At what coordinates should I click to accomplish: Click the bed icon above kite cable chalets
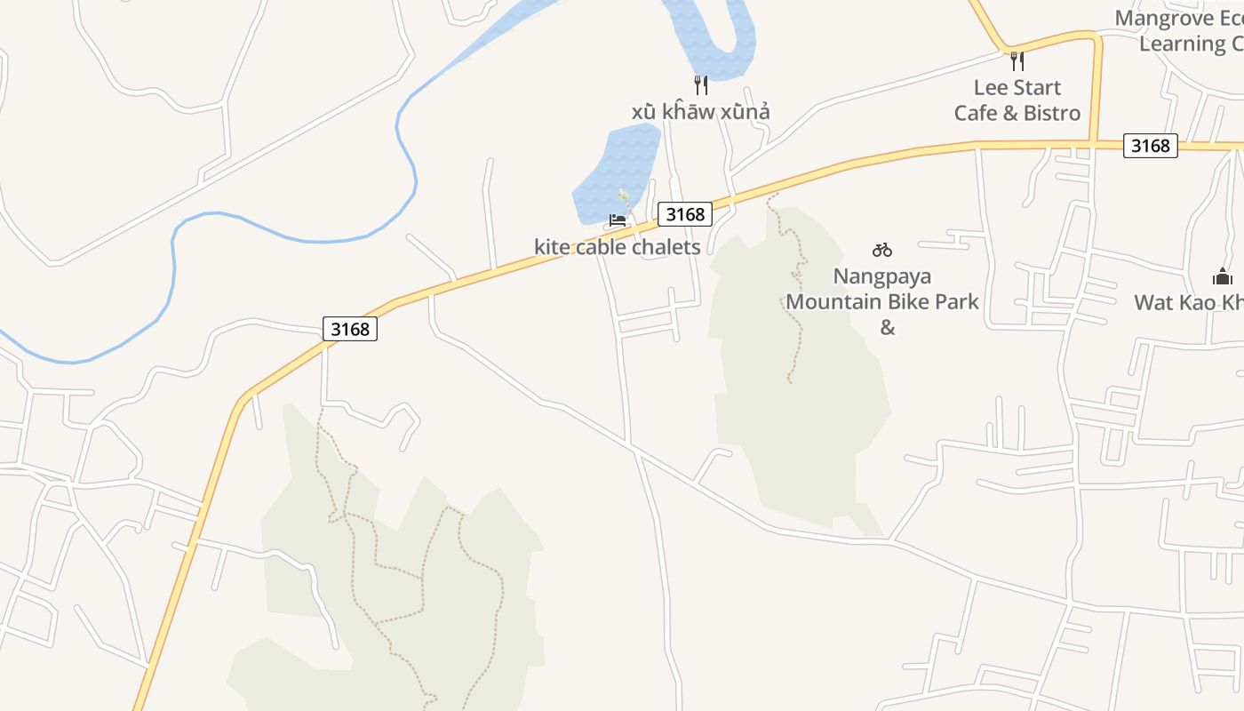[x=618, y=220]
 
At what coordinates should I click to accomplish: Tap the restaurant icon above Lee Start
[x=1017, y=61]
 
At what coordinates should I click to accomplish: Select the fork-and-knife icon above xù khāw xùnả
[x=701, y=85]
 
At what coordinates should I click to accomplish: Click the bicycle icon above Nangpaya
[x=882, y=250]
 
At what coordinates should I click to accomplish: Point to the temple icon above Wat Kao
[x=1223, y=276]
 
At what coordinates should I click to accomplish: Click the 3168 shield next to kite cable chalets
[x=685, y=214]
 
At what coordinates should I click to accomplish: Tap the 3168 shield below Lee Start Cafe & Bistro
[x=1151, y=145]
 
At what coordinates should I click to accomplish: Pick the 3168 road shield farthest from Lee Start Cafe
[x=350, y=329]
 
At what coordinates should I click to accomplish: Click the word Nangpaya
[x=881, y=276]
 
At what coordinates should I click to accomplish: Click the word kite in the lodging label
[x=552, y=247]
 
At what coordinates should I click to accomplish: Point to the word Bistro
[x=1051, y=113]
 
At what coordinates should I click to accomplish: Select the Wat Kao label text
[x=1189, y=302]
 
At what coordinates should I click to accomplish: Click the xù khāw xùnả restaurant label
[x=700, y=112]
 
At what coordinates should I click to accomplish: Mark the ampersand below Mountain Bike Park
[x=887, y=327]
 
